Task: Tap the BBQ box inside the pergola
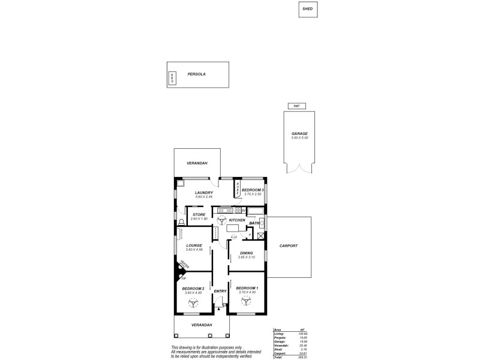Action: pos(172,78)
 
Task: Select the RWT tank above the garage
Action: pos(296,106)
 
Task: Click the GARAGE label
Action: pos(299,133)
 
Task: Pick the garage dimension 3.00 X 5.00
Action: pos(299,138)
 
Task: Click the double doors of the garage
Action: pos(299,171)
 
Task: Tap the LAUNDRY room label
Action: pos(196,193)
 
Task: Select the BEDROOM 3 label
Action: pos(253,190)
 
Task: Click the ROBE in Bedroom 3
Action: pos(237,190)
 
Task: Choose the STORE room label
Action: pos(199,214)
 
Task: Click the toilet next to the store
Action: pos(181,223)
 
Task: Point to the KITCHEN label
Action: pos(237,220)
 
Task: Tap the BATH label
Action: pos(254,223)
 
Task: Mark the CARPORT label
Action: pos(289,246)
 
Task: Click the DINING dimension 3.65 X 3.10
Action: pos(246,257)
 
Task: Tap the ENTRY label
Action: pos(220,292)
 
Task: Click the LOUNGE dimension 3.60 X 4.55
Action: pos(194,250)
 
